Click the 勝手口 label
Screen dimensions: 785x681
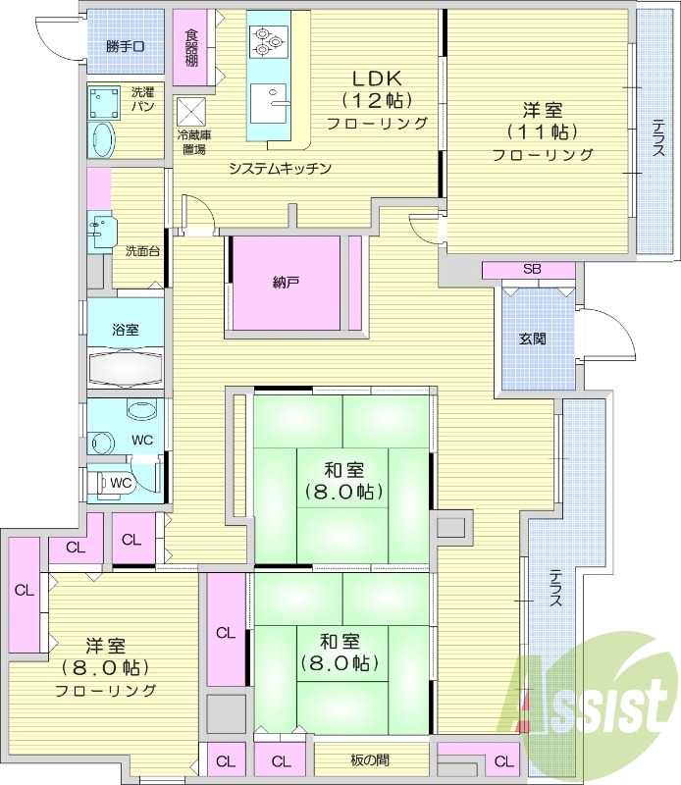pos(126,46)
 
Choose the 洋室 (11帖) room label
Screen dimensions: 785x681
pos(542,131)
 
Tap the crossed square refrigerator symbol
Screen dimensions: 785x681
pos(191,110)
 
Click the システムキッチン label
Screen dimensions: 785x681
pos(280,168)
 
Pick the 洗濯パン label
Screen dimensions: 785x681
pos(142,99)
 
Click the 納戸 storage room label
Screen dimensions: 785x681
pos(286,284)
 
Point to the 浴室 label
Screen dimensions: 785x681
pos(126,330)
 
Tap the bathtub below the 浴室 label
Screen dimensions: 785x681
pos(126,368)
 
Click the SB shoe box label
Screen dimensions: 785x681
pos(531,270)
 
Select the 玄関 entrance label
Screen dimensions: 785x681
pos(533,339)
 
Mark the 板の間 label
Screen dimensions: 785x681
pos(369,760)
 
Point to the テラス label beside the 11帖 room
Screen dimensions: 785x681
pos(657,138)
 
